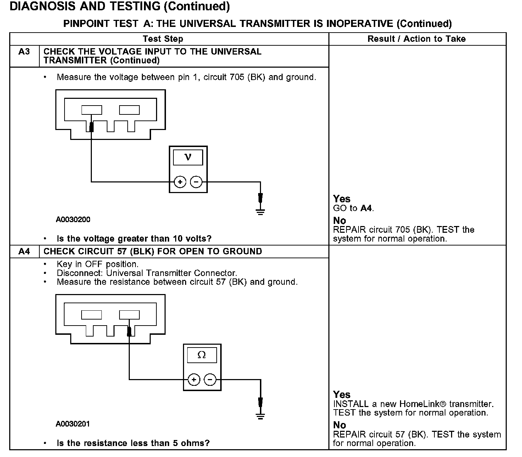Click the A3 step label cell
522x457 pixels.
(x=24, y=52)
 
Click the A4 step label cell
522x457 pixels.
(x=24, y=252)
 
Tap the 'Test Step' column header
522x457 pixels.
(x=163, y=39)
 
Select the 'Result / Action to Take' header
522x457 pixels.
(x=416, y=39)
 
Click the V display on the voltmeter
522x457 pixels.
(x=188, y=157)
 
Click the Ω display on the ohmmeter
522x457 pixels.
(x=202, y=355)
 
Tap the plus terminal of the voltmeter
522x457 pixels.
(x=180, y=182)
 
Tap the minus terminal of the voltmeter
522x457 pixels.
(x=196, y=182)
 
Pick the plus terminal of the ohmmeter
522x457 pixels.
(x=194, y=380)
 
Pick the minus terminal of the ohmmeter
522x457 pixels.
(x=210, y=380)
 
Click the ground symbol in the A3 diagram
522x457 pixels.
(x=260, y=211)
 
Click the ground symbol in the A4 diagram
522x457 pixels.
(x=260, y=416)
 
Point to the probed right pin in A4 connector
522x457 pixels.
(x=129, y=315)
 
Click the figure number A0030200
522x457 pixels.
(x=73, y=220)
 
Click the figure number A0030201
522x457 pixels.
(x=73, y=424)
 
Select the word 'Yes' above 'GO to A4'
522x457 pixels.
(x=341, y=199)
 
